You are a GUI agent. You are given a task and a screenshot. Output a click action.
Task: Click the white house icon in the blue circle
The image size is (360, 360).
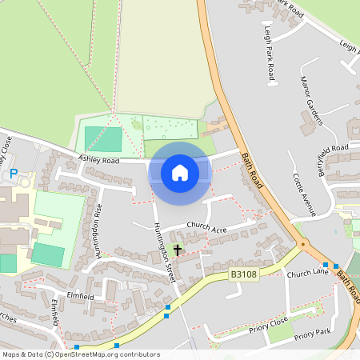[x=180, y=173]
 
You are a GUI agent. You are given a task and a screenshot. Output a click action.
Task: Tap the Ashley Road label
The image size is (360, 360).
[x=98, y=160]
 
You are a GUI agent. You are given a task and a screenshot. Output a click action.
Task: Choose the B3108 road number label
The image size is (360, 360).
[x=243, y=274]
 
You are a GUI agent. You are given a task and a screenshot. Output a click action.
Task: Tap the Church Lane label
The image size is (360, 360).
[x=308, y=274]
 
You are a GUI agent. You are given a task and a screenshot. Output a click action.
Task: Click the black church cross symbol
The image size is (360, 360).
[x=177, y=250]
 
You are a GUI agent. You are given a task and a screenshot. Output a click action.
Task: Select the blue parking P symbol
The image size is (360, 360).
[x=13, y=174]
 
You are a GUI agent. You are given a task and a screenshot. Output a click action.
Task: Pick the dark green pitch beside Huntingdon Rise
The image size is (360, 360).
[x=48, y=255]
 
